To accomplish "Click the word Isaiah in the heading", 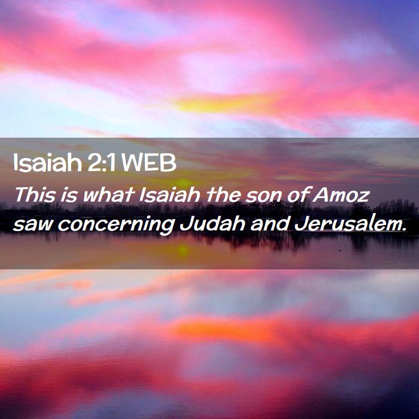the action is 47,163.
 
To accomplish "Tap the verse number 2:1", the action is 101,163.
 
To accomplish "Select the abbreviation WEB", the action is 149,163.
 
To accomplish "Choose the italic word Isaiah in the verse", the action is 169,195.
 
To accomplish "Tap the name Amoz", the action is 341,195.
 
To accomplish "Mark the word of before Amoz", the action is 297,195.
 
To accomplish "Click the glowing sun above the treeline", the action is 183,183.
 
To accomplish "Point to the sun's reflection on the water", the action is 183,250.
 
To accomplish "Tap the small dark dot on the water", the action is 339,250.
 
